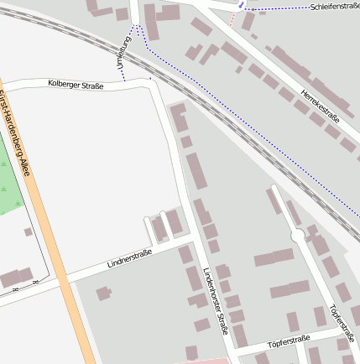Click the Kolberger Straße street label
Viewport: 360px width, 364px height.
pos(76,84)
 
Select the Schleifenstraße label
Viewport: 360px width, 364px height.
pos(334,6)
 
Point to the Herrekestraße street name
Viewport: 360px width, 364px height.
pos(320,107)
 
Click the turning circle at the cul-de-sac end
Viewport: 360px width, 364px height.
pos(298,236)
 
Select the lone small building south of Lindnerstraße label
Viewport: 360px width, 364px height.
pos(103,294)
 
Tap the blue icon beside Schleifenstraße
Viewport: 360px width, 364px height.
pos(242,5)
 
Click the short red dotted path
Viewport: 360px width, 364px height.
pos(232,19)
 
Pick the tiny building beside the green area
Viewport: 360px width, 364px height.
pos(28,232)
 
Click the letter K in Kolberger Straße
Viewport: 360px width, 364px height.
pos(50,82)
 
